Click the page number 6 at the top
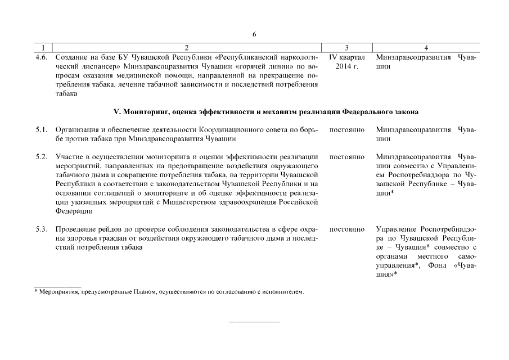tap(254, 34)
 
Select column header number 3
tap(347, 48)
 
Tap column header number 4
tap(426, 48)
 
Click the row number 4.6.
tap(40, 57)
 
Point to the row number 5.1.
tap(40, 130)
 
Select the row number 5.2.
tap(40, 156)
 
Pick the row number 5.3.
tap(40, 229)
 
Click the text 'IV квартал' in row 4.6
tap(346, 57)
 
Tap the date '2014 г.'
tap(346, 66)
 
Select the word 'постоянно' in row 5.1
tap(346, 130)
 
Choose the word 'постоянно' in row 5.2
tap(346, 156)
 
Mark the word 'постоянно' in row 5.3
tap(346, 229)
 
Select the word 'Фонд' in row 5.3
tap(437, 265)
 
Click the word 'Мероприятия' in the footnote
tap(58, 292)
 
